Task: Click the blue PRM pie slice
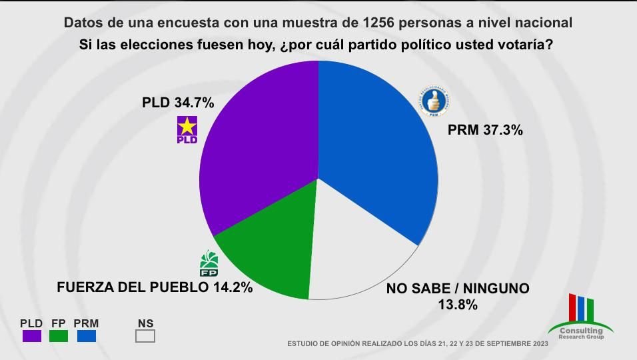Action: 376,147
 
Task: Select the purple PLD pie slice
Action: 260,147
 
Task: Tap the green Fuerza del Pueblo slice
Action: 270,257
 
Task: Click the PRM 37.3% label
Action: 485,131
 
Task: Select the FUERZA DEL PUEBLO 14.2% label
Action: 155,288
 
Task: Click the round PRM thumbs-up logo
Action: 434,101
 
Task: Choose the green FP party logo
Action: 210,263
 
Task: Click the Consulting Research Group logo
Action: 580,317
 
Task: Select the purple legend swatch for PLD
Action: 31,336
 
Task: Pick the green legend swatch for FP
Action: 59,336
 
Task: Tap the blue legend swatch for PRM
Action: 86,336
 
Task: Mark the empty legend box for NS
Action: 145,336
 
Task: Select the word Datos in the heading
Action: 83,23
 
